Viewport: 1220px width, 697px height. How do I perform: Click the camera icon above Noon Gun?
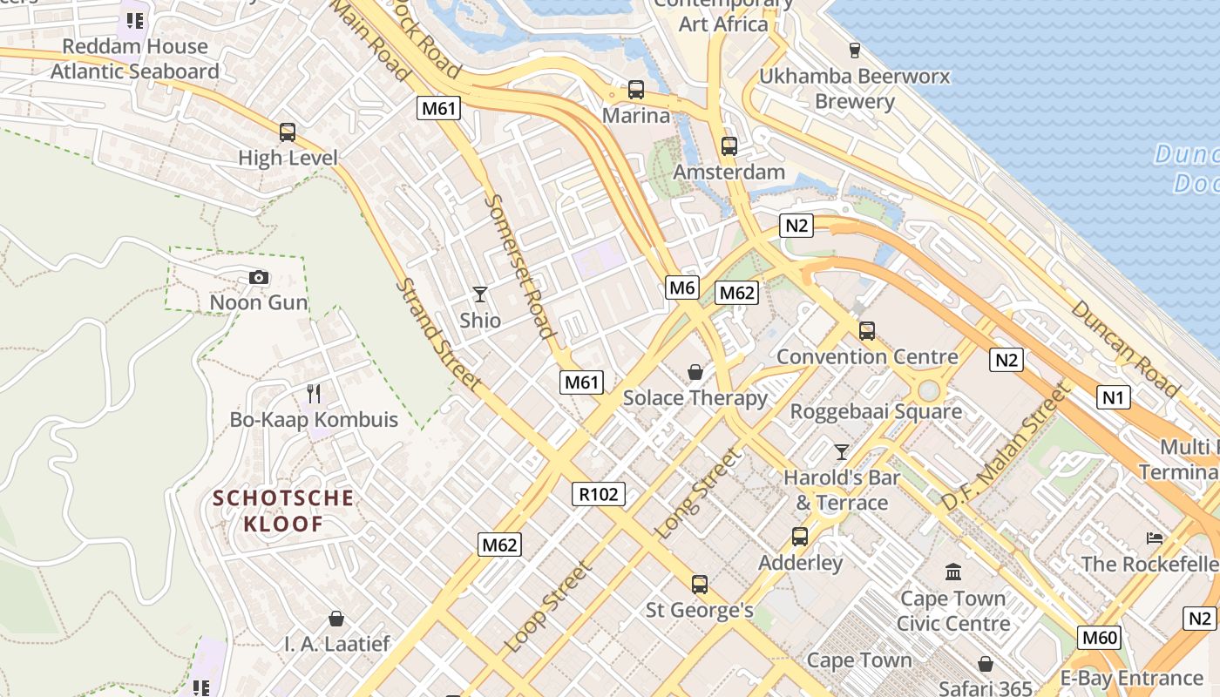(259, 277)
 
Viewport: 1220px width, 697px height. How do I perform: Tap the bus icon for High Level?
(288, 132)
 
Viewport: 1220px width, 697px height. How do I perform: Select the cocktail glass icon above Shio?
(480, 294)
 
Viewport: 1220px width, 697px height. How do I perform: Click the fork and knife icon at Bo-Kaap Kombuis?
(314, 394)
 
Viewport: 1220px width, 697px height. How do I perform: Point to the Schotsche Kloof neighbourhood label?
(284, 511)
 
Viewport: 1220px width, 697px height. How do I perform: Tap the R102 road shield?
(600, 494)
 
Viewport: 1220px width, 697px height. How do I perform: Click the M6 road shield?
(683, 288)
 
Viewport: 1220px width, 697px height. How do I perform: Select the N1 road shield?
(1113, 398)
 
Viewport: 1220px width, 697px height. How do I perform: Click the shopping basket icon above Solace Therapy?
(695, 373)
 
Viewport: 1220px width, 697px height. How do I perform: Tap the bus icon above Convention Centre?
(866, 331)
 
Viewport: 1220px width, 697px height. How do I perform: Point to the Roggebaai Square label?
(876, 411)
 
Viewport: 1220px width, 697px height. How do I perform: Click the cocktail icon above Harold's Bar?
(841, 452)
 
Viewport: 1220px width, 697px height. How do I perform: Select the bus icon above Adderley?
(800, 537)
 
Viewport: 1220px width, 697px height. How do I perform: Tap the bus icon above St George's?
(699, 584)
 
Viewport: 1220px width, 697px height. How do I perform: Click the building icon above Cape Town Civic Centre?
(953, 572)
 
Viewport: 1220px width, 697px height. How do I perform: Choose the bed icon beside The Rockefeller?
(1155, 538)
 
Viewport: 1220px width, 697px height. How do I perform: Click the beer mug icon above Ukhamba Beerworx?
(854, 51)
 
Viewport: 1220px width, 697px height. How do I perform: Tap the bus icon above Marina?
(636, 90)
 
